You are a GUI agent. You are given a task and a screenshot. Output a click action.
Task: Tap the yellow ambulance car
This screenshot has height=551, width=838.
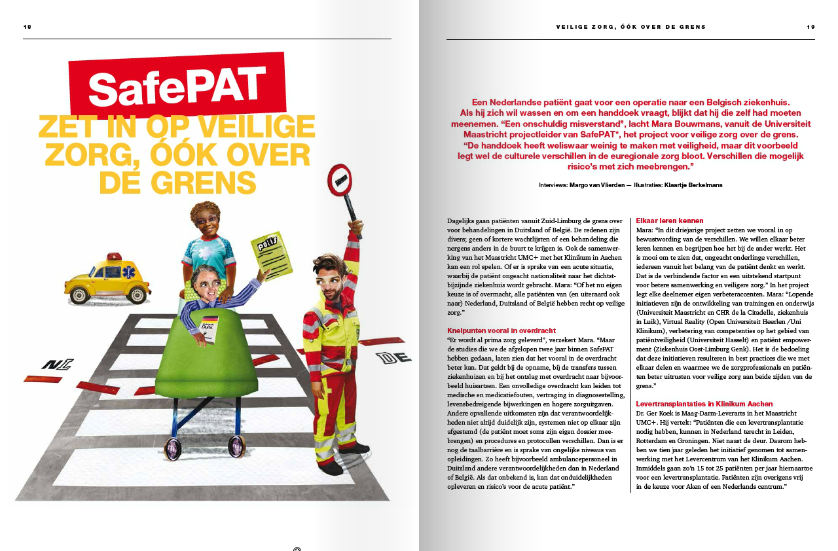109,281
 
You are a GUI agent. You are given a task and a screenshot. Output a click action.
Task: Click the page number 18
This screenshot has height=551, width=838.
27,27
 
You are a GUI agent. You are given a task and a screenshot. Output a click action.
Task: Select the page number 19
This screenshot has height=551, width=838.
811,27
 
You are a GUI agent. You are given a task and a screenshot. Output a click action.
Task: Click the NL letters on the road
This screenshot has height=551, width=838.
57,364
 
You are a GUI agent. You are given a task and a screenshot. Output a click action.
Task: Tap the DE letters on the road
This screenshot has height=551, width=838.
394,357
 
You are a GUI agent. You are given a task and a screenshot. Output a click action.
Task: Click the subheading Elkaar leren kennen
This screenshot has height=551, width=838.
670,221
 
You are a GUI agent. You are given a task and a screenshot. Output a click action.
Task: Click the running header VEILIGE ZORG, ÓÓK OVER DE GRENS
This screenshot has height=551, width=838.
631,27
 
